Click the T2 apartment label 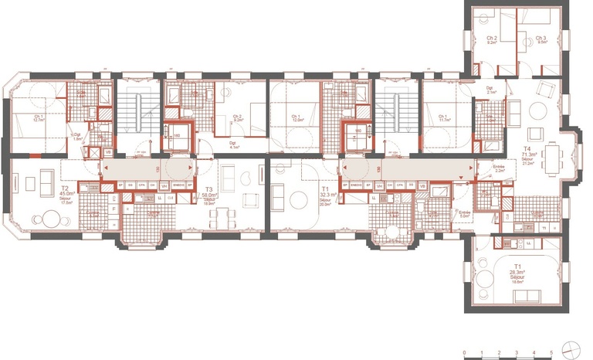coord(65,188)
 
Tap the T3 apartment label coord(208,189)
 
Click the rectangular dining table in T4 coord(554,158)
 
